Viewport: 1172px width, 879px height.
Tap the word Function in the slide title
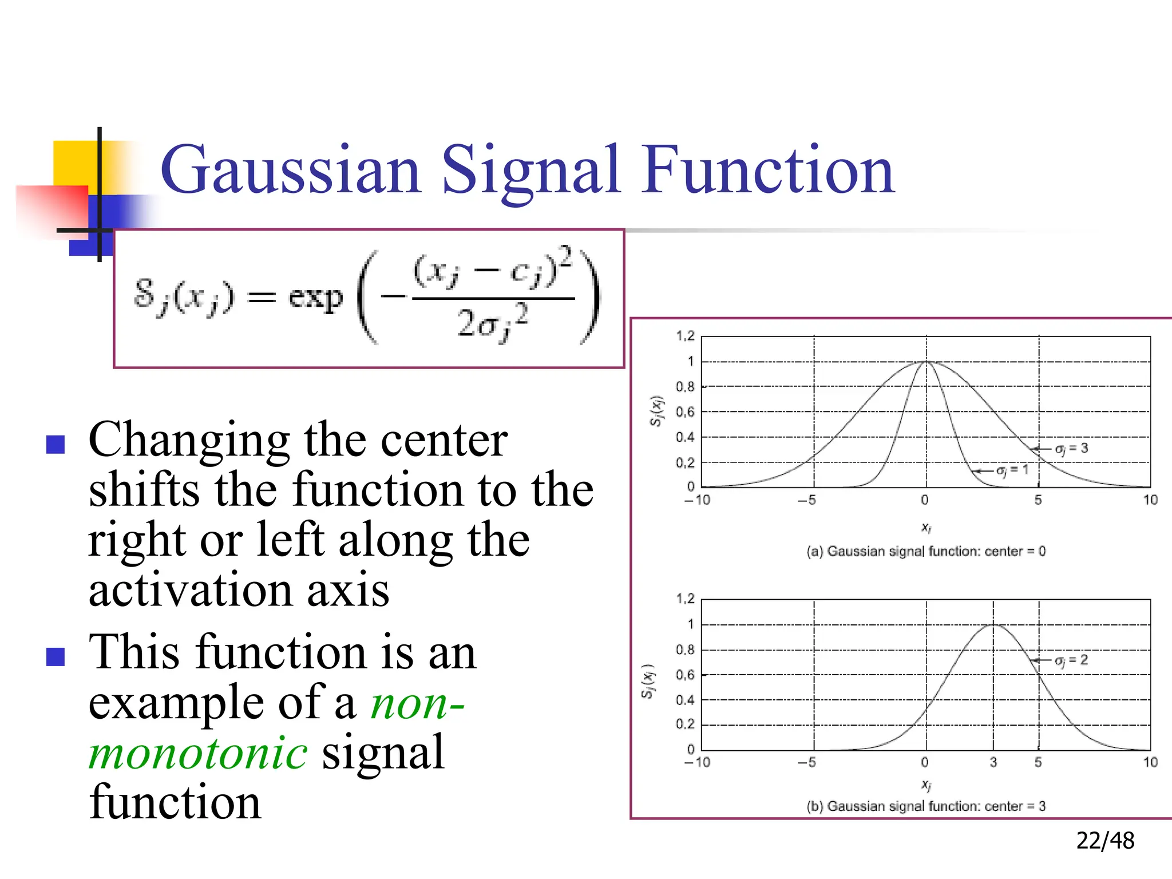click(x=768, y=171)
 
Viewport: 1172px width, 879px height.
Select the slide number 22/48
click(x=1104, y=840)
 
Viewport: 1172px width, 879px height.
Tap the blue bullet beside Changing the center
click(x=56, y=444)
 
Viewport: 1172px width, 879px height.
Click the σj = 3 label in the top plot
click(x=1071, y=449)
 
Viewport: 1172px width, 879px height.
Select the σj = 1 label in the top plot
click(x=1012, y=470)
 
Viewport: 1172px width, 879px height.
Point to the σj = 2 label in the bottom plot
click(x=1071, y=660)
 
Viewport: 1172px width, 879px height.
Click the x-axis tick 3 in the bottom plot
click(x=993, y=762)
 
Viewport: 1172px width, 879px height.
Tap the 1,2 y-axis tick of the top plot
click(x=685, y=336)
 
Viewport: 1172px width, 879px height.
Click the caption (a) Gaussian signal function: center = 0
click(x=925, y=551)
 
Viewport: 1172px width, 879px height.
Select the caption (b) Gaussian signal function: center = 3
click(x=925, y=806)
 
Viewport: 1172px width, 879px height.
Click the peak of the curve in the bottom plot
click(x=993, y=625)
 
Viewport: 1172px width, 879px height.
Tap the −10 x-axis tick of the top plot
click(x=697, y=500)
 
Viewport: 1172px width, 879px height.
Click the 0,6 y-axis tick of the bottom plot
click(x=685, y=675)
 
